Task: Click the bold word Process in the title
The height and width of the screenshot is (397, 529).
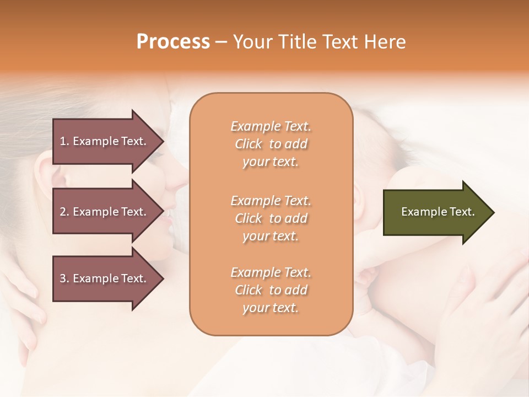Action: point(173,42)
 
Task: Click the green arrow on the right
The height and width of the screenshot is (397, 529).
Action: point(435,212)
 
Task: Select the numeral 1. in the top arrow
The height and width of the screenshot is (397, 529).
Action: point(64,141)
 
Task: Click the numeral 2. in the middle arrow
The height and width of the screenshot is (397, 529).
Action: point(64,212)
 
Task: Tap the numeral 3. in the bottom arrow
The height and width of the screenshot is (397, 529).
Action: point(64,278)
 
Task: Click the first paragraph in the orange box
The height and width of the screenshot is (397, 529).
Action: point(271,144)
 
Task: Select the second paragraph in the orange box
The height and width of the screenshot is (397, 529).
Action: point(271,218)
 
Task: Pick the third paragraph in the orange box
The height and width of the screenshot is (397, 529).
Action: point(271,290)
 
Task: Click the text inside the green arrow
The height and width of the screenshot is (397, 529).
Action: point(438,212)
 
